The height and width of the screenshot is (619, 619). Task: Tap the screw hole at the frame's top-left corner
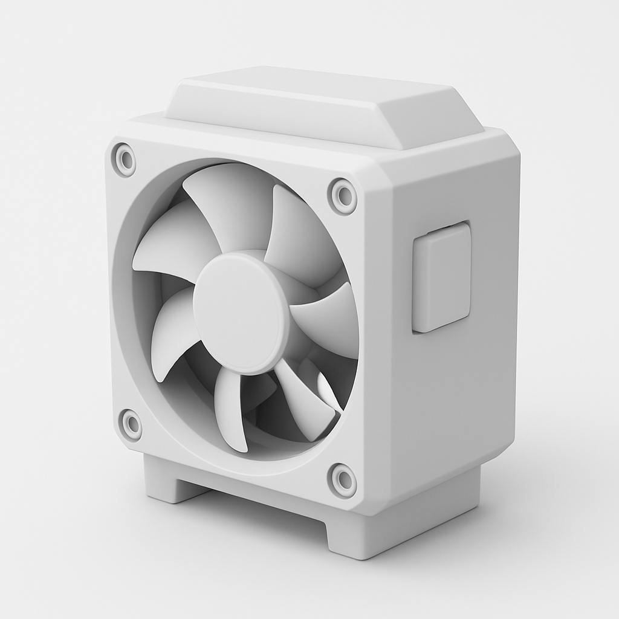pyautogui.click(x=125, y=160)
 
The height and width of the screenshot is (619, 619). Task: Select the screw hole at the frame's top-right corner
pyautogui.click(x=343, y=195)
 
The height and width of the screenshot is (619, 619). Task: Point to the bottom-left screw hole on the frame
pyautogui.click(x=131, y=424)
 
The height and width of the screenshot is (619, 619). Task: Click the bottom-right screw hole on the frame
pyautogui.click(x=343, y=480)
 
